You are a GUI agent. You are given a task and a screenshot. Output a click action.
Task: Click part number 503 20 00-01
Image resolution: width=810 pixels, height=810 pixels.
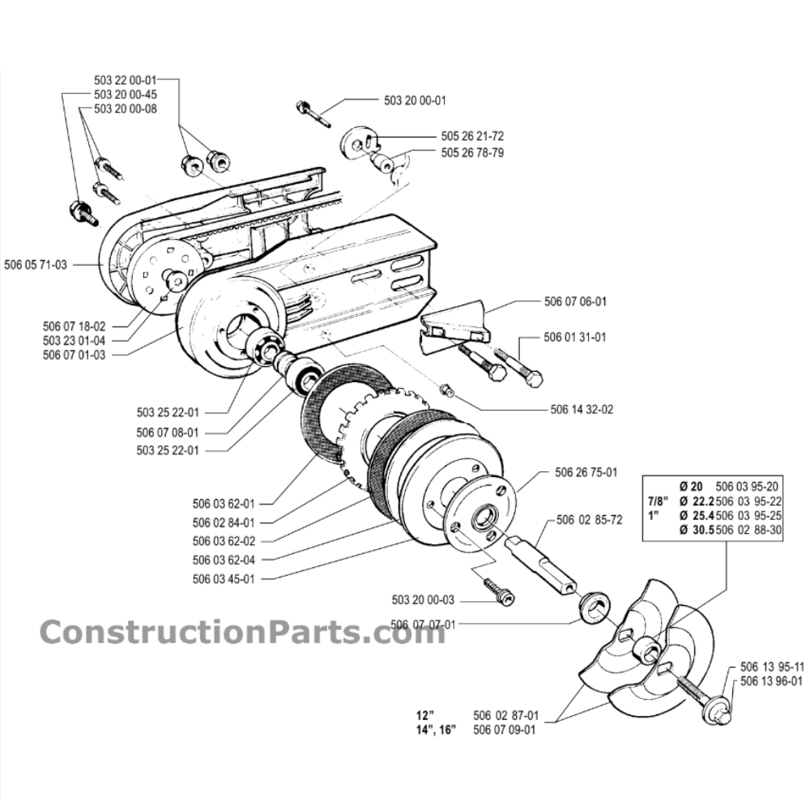tap(414, 101)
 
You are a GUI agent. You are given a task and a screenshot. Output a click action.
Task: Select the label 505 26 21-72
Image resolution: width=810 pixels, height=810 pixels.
tap(473, 136)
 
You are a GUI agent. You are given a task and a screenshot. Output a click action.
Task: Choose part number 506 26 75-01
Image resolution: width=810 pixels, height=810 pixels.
tap(586, 472)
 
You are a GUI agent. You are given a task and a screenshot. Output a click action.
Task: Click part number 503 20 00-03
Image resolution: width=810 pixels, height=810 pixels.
tap(422, 600)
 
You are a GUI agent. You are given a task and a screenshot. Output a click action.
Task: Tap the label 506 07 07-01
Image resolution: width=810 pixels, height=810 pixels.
tap(422, 624)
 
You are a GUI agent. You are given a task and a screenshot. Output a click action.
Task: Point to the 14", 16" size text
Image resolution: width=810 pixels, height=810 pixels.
tap(434, 729)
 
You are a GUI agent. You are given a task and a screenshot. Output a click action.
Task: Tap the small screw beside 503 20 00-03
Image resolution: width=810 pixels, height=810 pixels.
tap(500, 591)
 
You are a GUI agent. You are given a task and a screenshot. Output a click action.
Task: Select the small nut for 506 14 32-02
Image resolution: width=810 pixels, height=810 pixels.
tap(445, 390)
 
